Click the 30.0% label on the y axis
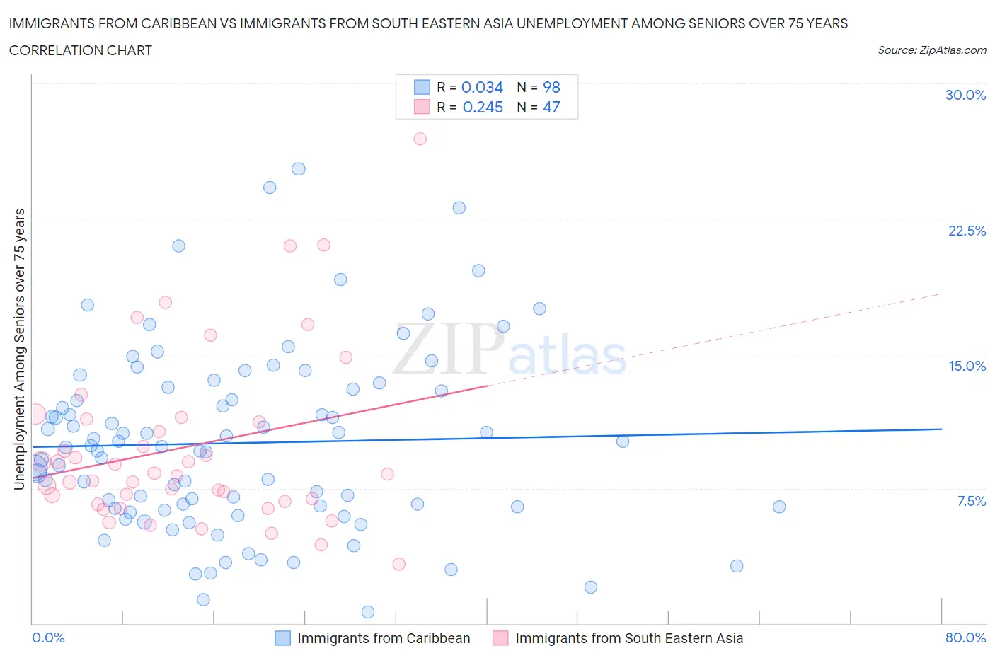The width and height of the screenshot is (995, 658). [965, 95]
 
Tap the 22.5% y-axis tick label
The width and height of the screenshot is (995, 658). [967, 231]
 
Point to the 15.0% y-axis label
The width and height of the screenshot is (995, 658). [967, 366]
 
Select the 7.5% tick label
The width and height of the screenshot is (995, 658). [971, 501]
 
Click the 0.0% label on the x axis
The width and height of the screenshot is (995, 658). [48, 637]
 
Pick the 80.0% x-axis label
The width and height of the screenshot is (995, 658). [965, 637]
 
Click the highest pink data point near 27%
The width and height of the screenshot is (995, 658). [420, 139]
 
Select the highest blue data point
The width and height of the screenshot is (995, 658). [299, 169]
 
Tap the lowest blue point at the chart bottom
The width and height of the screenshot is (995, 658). [368, 612]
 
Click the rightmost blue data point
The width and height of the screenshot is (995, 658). [779, 507]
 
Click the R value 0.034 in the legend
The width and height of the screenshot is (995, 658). [482, 87]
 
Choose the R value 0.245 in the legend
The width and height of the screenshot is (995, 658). [483, 107]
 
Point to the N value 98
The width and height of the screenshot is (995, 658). [551, 87]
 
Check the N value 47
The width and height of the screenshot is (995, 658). [551, 107]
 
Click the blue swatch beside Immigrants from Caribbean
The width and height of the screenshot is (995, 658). [282, 638]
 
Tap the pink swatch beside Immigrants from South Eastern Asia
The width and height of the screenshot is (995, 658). [500, 638]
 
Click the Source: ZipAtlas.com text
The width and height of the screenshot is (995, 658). [931, 50]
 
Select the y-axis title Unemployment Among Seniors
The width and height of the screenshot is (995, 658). [19, 349]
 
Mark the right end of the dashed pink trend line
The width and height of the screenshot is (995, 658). [940, 294]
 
